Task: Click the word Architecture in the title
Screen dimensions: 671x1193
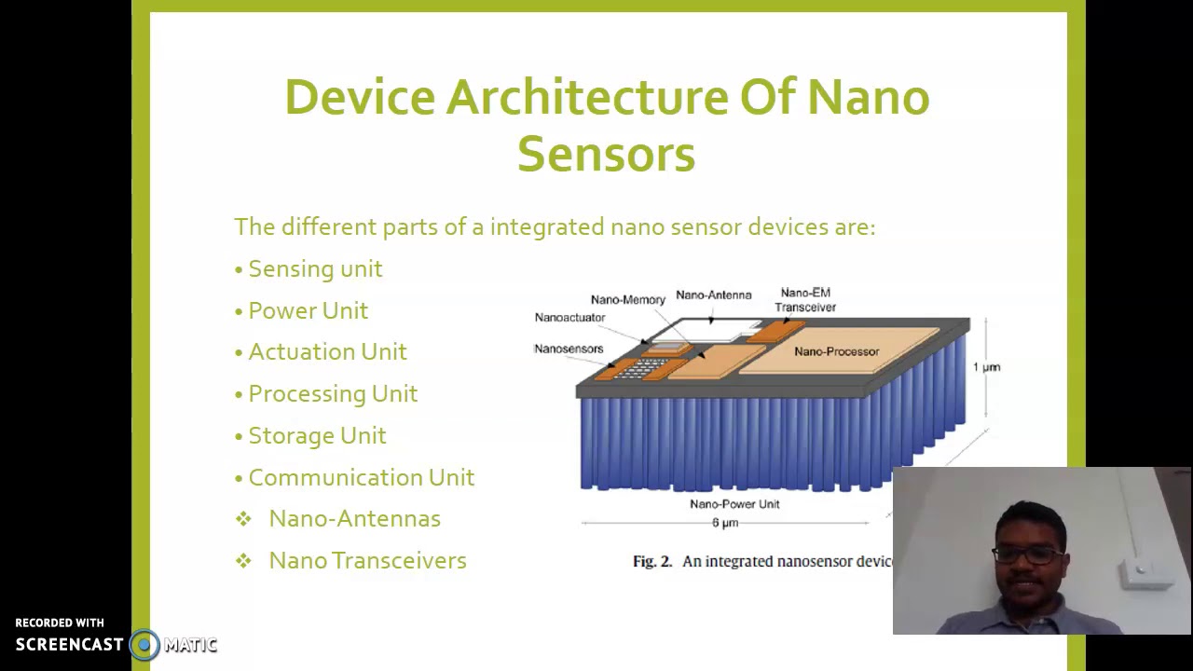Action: (586, 97)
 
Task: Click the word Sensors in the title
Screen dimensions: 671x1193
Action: (606, 154)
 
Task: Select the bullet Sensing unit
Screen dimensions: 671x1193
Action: (315, 268)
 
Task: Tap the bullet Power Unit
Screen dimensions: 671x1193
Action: (308, 310)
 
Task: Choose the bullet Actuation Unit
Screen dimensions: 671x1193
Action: (327, 351)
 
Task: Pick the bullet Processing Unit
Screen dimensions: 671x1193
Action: (333, 393)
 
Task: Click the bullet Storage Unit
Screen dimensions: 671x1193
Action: (317, 435)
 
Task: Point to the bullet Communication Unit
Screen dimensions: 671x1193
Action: (361, 477)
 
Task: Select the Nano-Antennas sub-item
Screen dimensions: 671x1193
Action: (354, 518)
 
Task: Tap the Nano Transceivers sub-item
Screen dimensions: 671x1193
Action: (367, 560)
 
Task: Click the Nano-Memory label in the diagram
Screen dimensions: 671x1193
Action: (627, 299)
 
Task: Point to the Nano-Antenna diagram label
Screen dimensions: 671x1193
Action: (713, 294)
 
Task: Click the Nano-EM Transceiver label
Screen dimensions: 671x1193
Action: (805, 299)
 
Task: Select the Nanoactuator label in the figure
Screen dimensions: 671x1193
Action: (569, 317)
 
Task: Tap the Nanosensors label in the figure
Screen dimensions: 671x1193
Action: (569, 349)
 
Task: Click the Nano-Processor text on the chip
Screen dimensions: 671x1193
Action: (836, 351)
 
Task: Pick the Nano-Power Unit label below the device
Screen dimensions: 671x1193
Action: (734, 504)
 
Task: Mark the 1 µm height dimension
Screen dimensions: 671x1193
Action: (986, 367)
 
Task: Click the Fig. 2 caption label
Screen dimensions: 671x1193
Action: (651, 561)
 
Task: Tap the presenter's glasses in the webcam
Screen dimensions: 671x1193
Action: (1027, 555)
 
